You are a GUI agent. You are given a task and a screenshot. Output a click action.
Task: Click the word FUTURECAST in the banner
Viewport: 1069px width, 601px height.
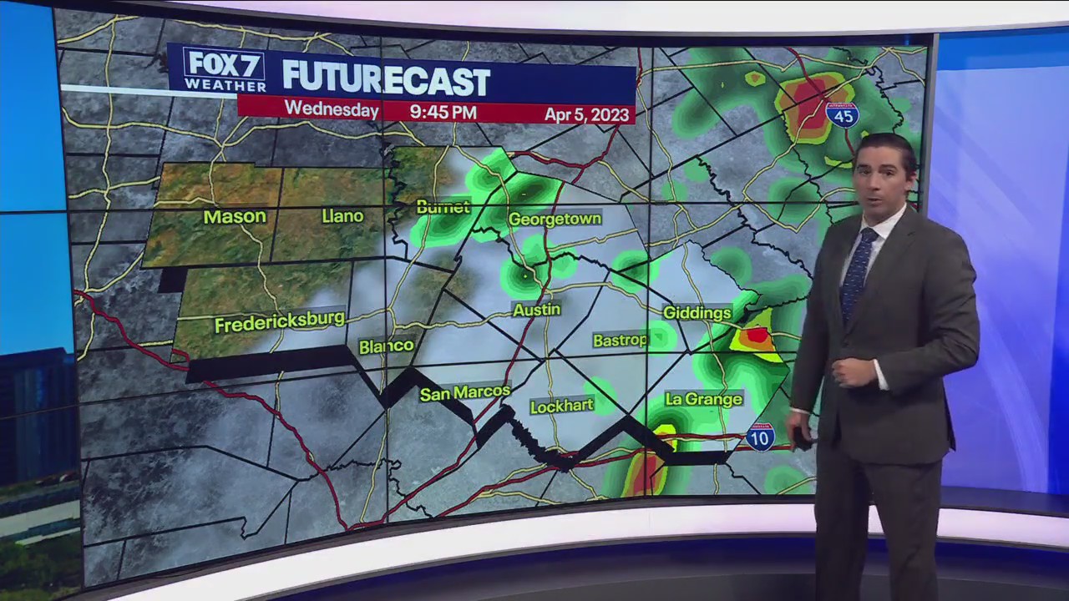[386, 79]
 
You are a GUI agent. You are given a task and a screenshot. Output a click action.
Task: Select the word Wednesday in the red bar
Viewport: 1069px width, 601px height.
[332, 109]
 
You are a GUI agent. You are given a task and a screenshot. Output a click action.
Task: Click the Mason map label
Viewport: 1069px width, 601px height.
[235, 217]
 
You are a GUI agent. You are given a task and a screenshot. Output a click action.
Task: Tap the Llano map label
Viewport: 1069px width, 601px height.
[342, 216]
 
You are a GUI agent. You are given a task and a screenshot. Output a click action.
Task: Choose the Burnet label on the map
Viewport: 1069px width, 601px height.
[443, 207]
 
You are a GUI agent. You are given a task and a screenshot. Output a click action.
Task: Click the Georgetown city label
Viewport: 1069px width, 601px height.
[555, 219]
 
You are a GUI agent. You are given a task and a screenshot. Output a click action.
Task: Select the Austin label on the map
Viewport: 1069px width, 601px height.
[536, 310]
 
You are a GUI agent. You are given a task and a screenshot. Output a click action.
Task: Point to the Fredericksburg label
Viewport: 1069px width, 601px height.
[280, 321]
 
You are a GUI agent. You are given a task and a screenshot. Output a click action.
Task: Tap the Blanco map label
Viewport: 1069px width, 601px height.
[386, 346]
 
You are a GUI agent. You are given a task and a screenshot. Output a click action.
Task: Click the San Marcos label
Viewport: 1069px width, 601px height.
[464, 392]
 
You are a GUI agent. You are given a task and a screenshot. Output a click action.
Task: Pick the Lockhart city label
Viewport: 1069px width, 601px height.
[561, 406]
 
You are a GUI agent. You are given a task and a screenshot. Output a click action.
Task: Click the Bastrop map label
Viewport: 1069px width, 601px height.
[620, 340]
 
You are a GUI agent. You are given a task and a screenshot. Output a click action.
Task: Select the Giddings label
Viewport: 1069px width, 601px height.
[697, 312]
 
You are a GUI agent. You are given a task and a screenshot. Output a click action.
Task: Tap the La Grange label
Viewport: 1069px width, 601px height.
[703, 400]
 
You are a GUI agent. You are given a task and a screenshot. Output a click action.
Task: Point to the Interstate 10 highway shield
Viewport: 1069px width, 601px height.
[760, 437]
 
